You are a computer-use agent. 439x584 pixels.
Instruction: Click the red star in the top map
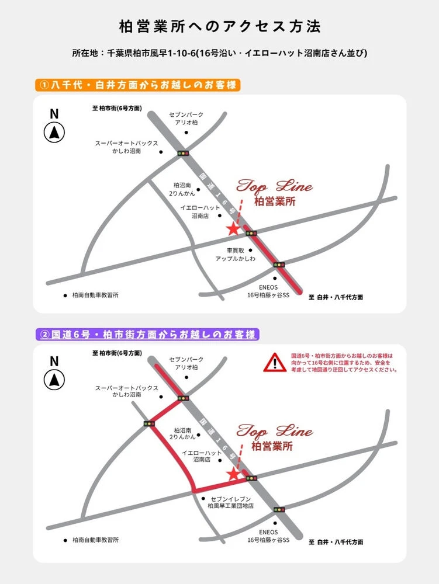click(x=233, y=229)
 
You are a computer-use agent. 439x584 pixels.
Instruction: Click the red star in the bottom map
click(x=233, y=474)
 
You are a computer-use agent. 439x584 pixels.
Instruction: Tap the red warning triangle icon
click(x=275, y=363)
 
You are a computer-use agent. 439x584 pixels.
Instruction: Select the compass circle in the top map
click(x=54, y=133)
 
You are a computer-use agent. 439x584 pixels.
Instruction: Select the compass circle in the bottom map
click(x=54, y=380)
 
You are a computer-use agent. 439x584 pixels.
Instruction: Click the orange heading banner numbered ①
click(x=138, y=85)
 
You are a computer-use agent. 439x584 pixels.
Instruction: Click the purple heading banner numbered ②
click(x=147, y=334)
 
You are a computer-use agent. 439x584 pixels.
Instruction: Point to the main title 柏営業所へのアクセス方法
click(x=220, y=26)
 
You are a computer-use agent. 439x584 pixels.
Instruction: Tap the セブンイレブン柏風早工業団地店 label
click(x=231, y=502)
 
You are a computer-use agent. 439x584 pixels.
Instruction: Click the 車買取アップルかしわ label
click(x=236, y=255)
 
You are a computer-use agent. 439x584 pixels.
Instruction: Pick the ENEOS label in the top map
click(x=268, y=291)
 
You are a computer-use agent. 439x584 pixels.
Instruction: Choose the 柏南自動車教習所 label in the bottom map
click(x=95, y=540)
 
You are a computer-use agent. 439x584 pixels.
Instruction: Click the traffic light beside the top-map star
click(x=251, y=234)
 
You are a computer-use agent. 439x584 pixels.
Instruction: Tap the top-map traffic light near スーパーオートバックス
click(x=183, y=153)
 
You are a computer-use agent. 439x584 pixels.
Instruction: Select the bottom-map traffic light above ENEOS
click(x=279, y=509)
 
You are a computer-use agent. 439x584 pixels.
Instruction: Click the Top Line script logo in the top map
click(x=275, y=186)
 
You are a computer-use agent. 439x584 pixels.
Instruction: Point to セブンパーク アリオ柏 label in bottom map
click(x=186, y=363)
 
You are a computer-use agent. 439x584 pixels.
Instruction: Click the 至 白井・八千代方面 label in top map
click(x=336, y=297)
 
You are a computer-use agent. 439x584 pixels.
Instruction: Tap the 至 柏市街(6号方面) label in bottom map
click(x=117, y=353)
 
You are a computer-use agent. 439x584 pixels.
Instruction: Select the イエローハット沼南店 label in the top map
click(x=200, y=211)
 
